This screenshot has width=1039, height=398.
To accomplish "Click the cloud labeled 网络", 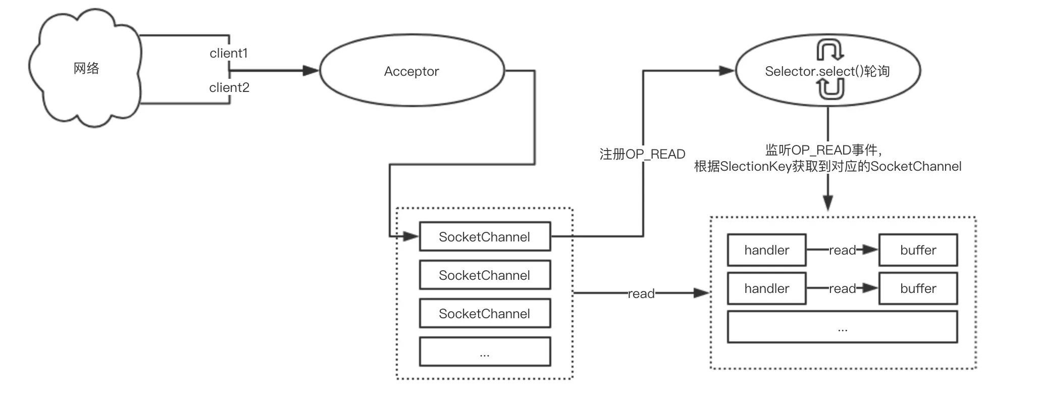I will click(x=86, y=69).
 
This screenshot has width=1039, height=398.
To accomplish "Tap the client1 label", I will click(x=229, y=53).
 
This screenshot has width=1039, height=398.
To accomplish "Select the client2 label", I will click(x=229, y=87).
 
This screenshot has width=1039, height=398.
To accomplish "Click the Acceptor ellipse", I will click(x=411, y=71).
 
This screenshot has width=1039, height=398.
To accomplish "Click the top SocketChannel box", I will click(x=485, y=236).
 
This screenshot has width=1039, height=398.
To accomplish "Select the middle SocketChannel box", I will click(x=485, y=275).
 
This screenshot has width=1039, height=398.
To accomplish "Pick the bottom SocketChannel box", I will click(x=485, y=313).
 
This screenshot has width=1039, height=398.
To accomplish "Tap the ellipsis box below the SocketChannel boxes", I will click(x=485, y=352).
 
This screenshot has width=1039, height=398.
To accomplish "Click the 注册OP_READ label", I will click(x=642, y=154).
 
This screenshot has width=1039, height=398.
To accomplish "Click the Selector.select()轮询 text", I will click(x=827, y=71).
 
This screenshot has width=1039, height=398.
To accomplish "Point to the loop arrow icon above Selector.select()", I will click(x=830, y=51).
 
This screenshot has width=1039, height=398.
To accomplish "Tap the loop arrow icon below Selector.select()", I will click(x=830, y=89).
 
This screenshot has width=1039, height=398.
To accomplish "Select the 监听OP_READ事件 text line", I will click(x=823, y=150).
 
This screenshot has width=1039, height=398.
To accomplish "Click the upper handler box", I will click(x=766, y=250).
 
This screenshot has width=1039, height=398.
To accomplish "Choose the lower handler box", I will click(x=766, y=288).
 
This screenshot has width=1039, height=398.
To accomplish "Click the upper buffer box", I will click(x=918, y=250).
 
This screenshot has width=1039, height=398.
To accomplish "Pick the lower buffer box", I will click(x=918, y=288).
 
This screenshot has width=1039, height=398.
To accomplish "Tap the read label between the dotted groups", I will click(x=641, y=293).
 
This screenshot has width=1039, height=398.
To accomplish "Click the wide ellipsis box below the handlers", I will click(x=842, y=327).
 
